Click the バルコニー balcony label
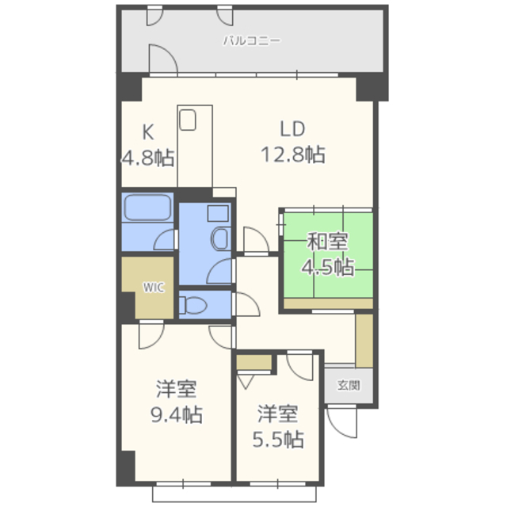coord(252,40)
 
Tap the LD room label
coord(292,129)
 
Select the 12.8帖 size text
coord(293,154)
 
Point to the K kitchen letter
coord(148,132)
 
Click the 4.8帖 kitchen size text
coord(148,158)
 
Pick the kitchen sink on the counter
coord(188,120)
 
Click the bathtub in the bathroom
coord(148,208)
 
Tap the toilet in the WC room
coord(193,305)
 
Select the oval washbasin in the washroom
coord(220,238)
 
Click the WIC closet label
coord(154,287)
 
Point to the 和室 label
coord(327,241)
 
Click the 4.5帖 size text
coord(327,267)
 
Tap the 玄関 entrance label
coord(349,386)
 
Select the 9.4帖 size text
coord(177,414)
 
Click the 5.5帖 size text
coord(278,440)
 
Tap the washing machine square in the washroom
coord(218,213)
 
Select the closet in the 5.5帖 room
coord(253,362)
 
